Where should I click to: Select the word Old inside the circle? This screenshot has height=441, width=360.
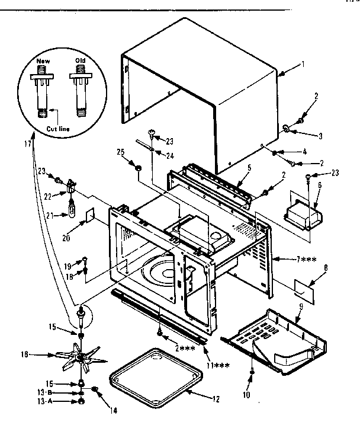[x=81, y=61]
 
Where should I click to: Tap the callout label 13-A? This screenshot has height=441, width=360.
[x=49, y=401]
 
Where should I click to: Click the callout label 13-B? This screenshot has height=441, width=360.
[x=49, y=393]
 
